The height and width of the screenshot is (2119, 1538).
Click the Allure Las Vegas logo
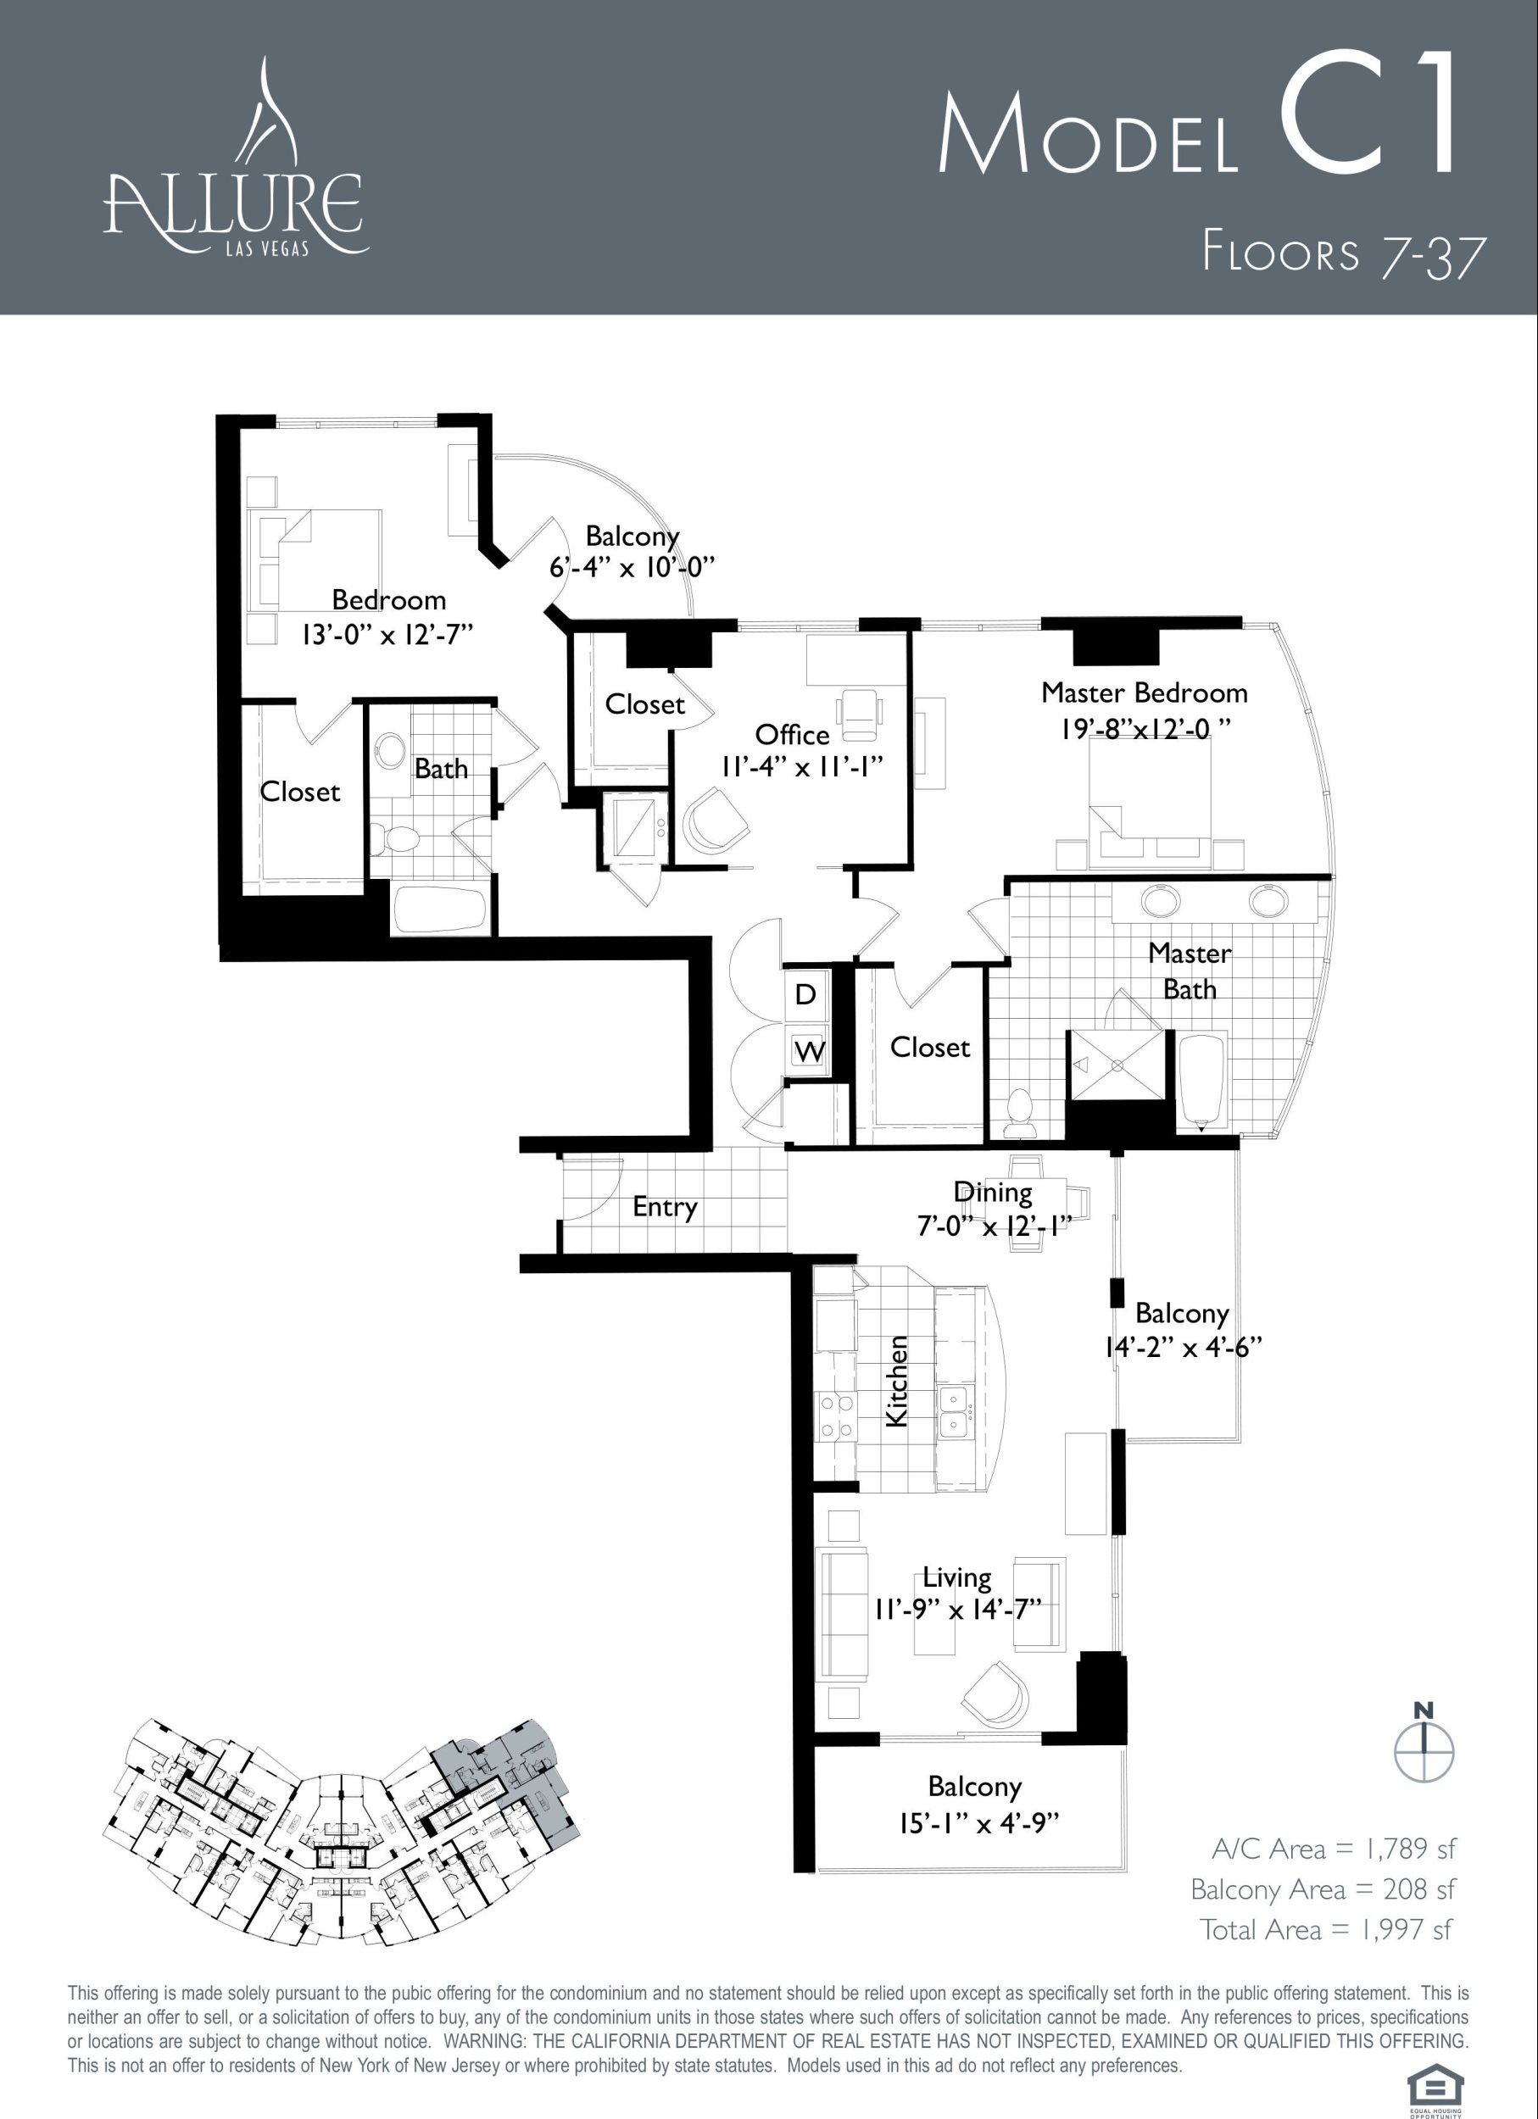(x=236, y=156)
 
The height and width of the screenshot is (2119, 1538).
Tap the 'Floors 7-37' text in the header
(x=1343, y=253)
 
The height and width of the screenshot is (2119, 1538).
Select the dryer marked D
(x=805, y=994)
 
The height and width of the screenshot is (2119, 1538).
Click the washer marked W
(x=809, y=1051)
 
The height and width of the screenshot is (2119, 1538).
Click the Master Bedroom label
(x=1144, y=693)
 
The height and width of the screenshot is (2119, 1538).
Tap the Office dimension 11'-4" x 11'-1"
(x=802, y=767)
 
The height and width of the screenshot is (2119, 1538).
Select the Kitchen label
(x=896, y=1381)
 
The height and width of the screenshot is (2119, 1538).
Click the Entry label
(x=665, y=1207)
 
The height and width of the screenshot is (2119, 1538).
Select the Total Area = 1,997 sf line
(x=1327, y=1929)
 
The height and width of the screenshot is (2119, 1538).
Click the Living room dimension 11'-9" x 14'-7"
(x=958, y=1610)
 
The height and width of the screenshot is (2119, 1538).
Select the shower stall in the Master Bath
(x=1117, y=1065)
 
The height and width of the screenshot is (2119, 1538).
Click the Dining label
(x=992, y=1193)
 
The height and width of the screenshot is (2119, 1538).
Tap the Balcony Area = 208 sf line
(x=1322, y=1889)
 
